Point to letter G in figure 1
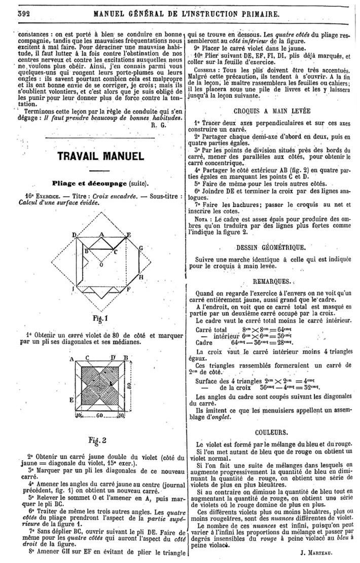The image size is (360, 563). [x=141, y=248]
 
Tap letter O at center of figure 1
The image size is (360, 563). [x=100, y=264]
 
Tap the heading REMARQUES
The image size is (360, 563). [x=272, y=280]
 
